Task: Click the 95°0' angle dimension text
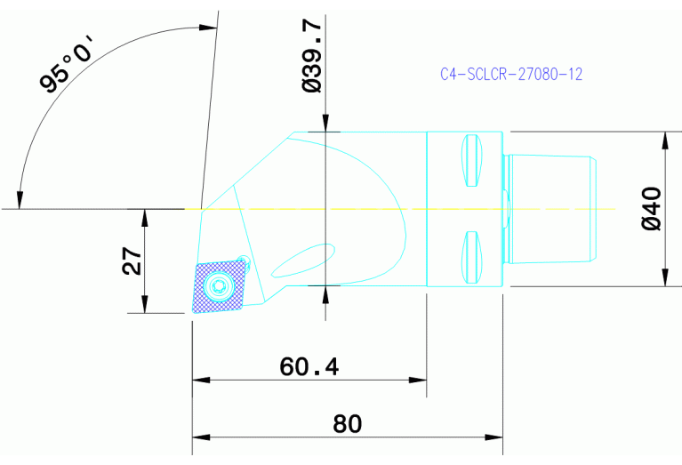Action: pyautogui.click(x=67, y=68)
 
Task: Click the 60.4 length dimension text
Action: pyautogui.click(x=309, y=366)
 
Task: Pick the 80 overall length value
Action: pyautogui.click(x=347, y=424)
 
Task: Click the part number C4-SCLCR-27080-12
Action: pyautogui.click(x=511, y=76)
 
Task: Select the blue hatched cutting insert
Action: pyautogui.click(x=219, y=286)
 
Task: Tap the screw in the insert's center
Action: pyautogui.click(x=219, y=285)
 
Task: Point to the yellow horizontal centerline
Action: pyautogui.click(x=400, y=209)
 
